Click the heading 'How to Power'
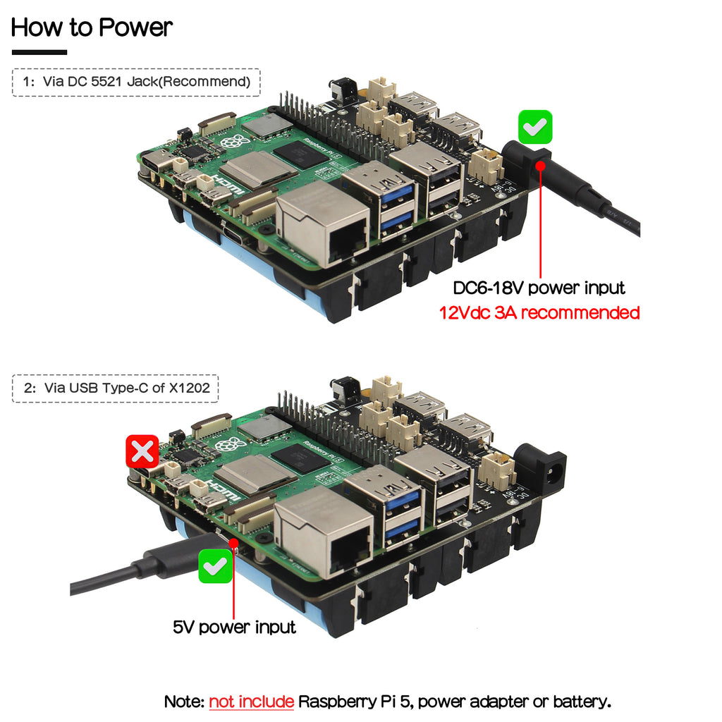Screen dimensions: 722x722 pyautogui.click(x=92, y=27)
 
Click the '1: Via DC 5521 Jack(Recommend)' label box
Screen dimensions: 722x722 pyautogui.click(x=136, y=82)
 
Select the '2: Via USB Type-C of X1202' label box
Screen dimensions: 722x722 pyautogui.click(x=116, y=388)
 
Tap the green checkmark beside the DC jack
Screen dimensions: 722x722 pyautogui.click(x=535, y=128)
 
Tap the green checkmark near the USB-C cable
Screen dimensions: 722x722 pyautogui.click(x=216, y=566)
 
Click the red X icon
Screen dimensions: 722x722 pyautogui.click(x=142, y=451)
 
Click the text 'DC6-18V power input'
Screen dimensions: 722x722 pyautogui.click(x=539, y=288)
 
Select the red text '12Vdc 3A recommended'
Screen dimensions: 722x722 pyautogui.click(x=539, y=312)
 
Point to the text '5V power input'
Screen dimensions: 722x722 pyautogui.click(x=234, y=627)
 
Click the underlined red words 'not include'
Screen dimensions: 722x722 pyautogui.click(x=251, y=702)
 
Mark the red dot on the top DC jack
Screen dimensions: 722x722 pyautogui.click(x=541, y=165)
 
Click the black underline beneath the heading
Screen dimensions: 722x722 pyautogui.click(x=39, y=52)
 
